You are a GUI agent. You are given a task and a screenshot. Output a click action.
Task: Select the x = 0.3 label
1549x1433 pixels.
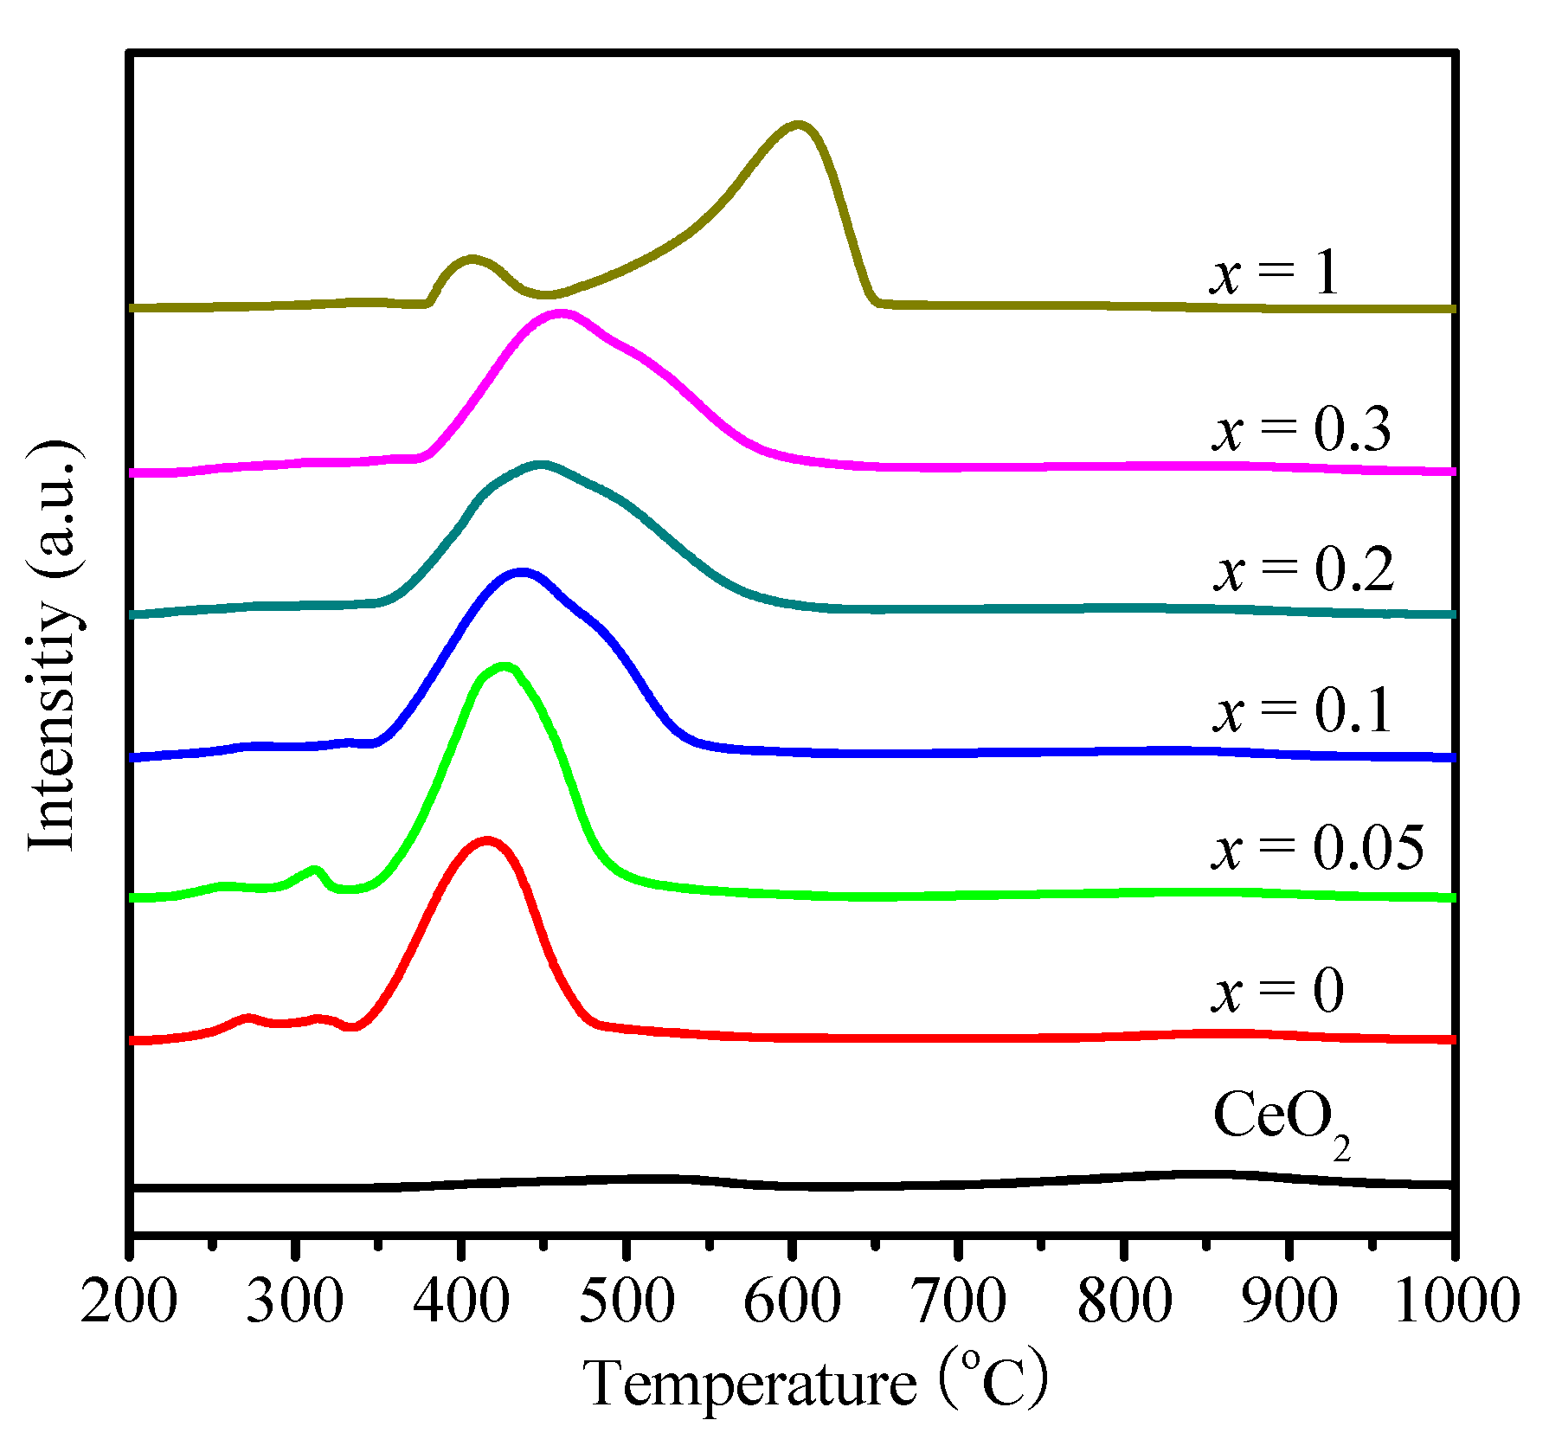1301,429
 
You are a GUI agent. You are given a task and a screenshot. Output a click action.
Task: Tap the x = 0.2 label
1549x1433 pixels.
1303,570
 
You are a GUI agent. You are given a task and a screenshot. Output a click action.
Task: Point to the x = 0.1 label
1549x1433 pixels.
1302,711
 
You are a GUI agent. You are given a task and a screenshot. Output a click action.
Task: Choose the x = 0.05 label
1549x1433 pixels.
1317,848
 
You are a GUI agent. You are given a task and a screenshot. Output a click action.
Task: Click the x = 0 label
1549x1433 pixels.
1277,991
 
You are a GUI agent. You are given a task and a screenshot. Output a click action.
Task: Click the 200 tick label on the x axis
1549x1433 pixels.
129,1301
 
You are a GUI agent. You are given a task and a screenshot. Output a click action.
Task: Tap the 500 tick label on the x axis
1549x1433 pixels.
627,1301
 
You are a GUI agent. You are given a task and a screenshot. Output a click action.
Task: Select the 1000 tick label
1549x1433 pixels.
1456,1301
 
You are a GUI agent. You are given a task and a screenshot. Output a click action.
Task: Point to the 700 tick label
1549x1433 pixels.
958,1301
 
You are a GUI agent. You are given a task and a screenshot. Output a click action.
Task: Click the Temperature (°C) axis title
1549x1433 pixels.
814,1383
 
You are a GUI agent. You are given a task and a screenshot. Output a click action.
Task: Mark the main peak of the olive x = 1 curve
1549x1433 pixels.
797,126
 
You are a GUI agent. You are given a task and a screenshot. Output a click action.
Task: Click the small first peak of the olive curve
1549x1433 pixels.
471,259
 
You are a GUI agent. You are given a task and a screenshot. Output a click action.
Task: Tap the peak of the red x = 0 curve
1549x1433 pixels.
486,840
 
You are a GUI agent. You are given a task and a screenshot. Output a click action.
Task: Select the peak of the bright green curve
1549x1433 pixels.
505,666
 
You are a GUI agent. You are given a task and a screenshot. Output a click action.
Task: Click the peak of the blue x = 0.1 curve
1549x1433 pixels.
522,572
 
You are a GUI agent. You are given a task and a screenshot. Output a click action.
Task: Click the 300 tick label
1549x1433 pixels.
295,1301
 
